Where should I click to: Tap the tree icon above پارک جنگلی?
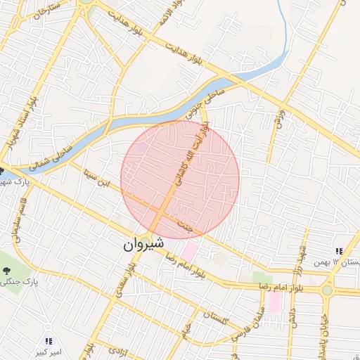tap(7, 269)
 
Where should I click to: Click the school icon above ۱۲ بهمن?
tap(338, 251)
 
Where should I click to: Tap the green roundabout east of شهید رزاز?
tap(327, 290)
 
